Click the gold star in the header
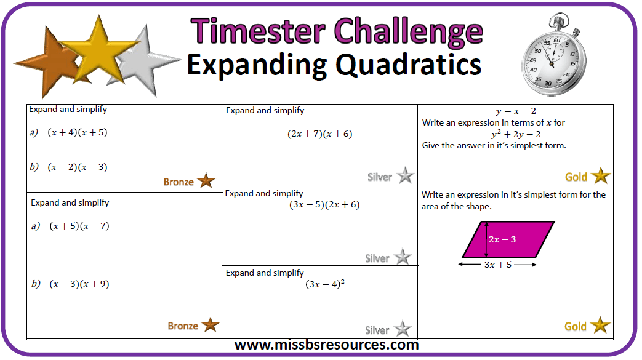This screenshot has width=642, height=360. click(98, 51)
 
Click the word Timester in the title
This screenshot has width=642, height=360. click(258, 31)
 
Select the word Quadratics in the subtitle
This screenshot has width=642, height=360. click(409, 65)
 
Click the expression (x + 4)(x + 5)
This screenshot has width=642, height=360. click(78, 132)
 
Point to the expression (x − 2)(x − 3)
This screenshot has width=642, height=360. click(78, 167)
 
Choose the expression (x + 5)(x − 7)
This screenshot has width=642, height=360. click(79, 226)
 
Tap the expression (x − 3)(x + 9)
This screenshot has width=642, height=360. click(79, 284)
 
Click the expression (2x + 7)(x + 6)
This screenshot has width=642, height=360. click(320, 134)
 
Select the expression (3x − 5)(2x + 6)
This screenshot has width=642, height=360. click(324, 205)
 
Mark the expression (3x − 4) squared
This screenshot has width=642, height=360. click(325, 284)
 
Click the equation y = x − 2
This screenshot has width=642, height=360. click(516, 111)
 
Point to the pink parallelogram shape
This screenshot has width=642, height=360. click(508, 239)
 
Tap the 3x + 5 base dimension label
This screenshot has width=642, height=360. click(498, 265)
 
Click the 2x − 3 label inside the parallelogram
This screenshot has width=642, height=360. click(502, 239)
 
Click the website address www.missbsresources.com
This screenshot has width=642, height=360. click(326, 345)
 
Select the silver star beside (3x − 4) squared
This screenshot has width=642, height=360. click(403, 329)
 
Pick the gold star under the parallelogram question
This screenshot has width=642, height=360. click(600, 325)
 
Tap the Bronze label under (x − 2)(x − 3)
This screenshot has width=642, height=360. click(179, 182)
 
